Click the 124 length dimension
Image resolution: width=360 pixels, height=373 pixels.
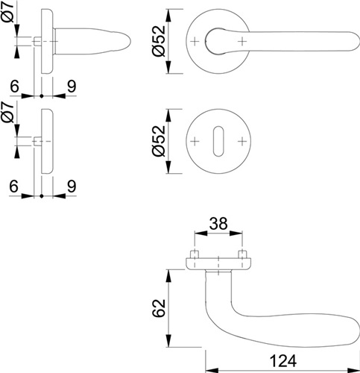tap(282, 361)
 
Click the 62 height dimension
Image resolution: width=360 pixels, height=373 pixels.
tap(159, 308)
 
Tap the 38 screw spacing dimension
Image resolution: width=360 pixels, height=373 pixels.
tap(218, 223)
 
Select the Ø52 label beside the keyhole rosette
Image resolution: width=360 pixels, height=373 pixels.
tap(159, 141)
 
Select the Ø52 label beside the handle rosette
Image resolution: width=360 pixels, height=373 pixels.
tap(159, 41)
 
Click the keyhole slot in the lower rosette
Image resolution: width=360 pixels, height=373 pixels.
tap(218, 141)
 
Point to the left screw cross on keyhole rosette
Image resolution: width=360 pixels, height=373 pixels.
tap(195, 142)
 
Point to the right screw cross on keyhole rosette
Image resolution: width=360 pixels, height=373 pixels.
tap(241, 142)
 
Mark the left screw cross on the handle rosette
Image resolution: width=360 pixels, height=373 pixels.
tap(195, 41)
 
